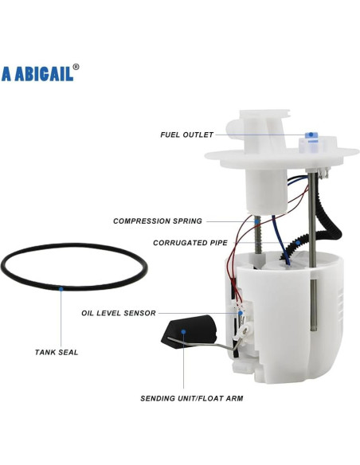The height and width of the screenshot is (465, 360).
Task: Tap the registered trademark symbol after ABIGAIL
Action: click(76, 68)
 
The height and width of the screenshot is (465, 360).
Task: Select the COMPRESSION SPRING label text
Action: click(158, 221)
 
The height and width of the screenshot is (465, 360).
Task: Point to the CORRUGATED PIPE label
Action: click(190, 242)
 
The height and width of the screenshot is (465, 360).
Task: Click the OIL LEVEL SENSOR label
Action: click(118, 313)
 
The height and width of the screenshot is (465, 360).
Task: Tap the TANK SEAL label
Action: click(56, 351)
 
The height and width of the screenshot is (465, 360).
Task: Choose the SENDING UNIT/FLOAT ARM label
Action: click(192, 397)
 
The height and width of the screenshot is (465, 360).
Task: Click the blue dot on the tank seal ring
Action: click(61, 290)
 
